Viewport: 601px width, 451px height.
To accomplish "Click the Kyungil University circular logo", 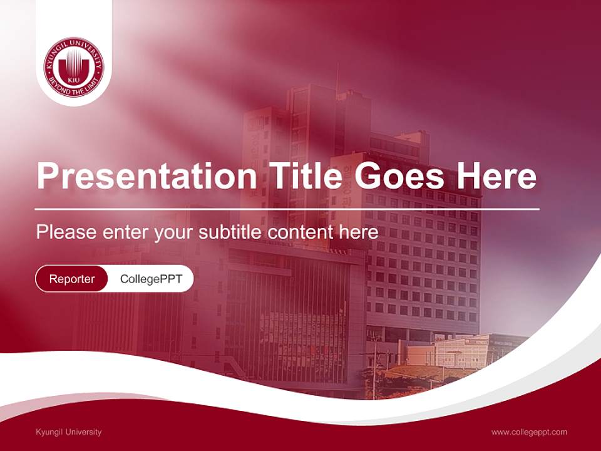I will click(x=74, y=67).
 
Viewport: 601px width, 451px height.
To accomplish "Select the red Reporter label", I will click(x=72, y=279).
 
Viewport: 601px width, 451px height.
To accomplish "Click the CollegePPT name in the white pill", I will click(x=151, y=279).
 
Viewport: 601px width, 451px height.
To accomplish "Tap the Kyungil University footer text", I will click(x=69, y=432).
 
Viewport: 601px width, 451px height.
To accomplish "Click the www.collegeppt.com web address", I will click(x=529, y=432).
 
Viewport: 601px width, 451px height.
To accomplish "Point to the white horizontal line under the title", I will click(x=287, y=209).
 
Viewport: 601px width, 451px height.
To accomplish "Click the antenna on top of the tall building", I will click(x=337, y=78).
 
